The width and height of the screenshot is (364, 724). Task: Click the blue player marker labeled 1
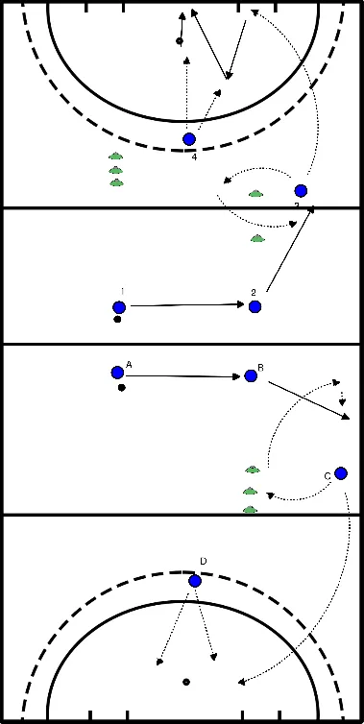click(119, 307)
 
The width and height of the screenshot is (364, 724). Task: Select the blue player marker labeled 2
click(255, 306)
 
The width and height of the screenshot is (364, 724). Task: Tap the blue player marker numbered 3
click(301, 191)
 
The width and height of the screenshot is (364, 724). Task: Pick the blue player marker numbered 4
click(189, 139)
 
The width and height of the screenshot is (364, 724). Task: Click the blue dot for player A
click(117, 373)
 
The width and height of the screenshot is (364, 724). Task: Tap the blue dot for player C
click(340, 472)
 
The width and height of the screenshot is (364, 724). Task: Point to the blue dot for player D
click(195, 581)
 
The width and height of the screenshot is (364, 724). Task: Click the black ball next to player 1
click(117, 320)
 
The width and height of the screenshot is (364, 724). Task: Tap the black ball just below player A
click(121, 389)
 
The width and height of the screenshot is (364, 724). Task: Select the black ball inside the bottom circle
click(185, 682)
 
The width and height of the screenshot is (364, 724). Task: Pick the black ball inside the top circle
click(179, 41)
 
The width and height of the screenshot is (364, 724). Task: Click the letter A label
click(128, 364)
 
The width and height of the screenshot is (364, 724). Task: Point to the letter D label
click(203, 561)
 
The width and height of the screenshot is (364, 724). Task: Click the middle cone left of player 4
click(116, 169)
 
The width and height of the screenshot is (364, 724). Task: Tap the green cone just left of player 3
click(255, 194)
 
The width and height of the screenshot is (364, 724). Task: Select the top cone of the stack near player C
click(253, 470)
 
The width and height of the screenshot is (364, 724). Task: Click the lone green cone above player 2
click(256, 238)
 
